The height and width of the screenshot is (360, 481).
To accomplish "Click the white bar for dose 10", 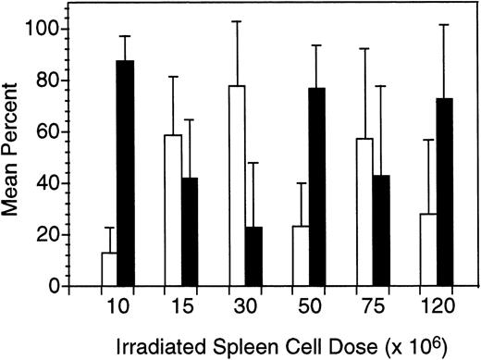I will coord(109,269).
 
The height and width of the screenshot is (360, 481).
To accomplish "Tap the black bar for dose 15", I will coord(191,231).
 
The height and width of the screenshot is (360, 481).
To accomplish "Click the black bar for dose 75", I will coord(382,230).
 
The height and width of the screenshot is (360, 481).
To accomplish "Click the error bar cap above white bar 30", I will coord(238,21).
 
